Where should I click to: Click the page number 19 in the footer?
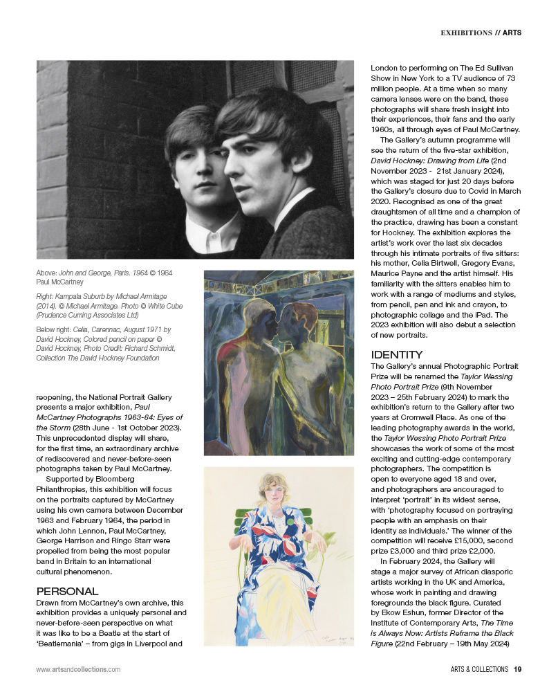[x=517, y=669]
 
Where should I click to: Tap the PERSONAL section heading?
[x=66, y=591]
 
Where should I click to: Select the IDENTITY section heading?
[x=398, y=355]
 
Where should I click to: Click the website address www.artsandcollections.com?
[x=78, y=669]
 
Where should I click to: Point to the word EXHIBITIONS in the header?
[x=466, y=33]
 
